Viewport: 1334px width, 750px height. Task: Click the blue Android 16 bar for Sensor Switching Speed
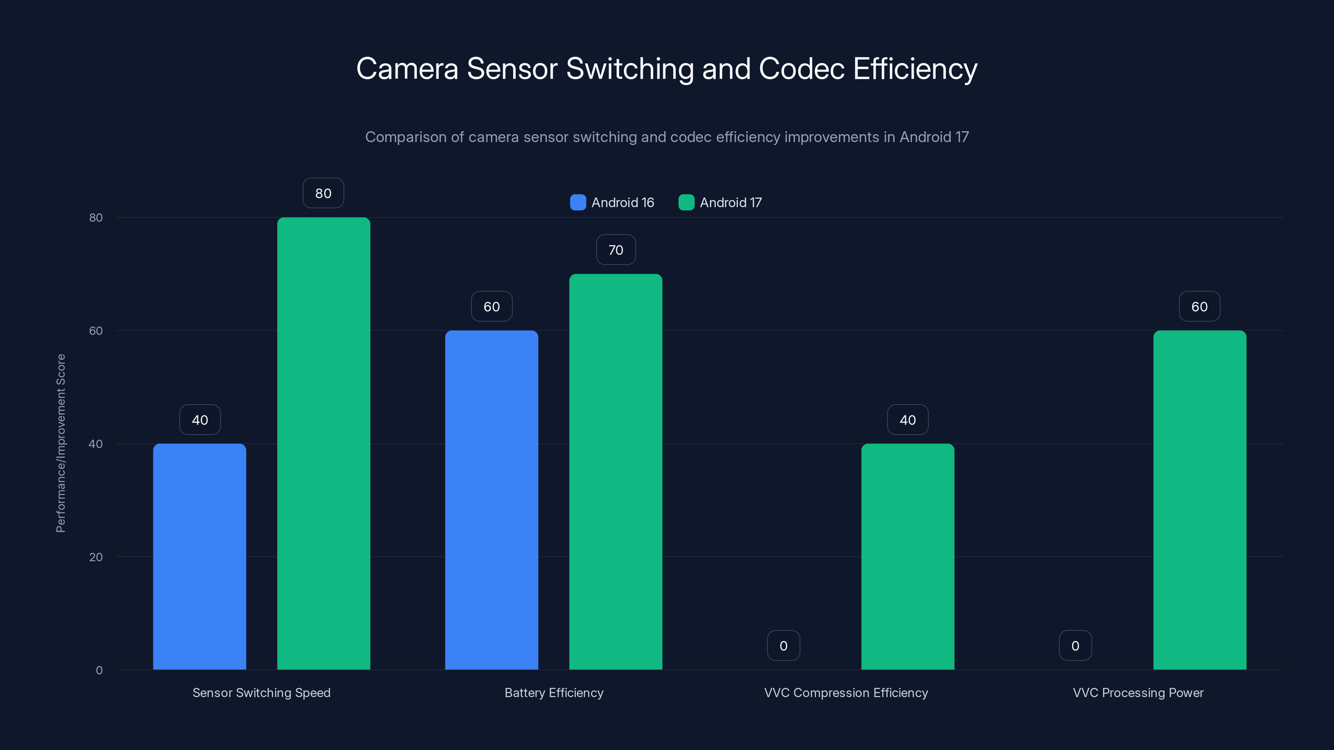coord(199,556)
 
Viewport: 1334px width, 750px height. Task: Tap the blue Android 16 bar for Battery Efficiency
coord(491,500)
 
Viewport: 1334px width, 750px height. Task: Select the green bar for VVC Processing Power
coord(1199,500)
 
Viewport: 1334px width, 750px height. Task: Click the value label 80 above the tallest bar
coord(323,193)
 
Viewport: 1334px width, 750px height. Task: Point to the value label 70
coord(616,250)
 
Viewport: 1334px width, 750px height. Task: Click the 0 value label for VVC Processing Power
coord(1075,645)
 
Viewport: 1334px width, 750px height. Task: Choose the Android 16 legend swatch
coord(578,202)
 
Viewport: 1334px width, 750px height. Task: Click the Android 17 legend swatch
coord(686,202)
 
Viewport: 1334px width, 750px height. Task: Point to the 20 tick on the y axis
coord(96,557)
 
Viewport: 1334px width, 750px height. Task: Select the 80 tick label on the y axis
coord(96,217)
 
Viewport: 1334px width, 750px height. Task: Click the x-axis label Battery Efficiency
coord(554,692)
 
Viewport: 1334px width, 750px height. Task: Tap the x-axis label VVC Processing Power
coord(1138,692)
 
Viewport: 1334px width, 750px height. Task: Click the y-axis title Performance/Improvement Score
coord(60,443)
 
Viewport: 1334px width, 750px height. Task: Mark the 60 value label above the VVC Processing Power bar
coord(1199,306)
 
